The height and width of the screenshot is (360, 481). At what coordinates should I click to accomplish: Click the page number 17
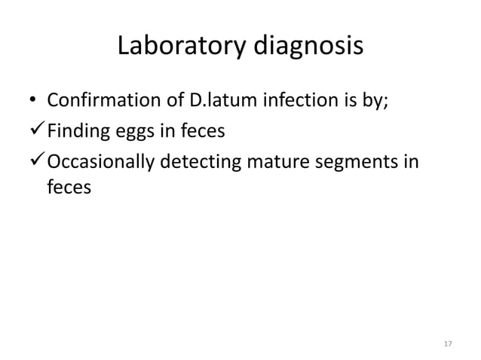447,344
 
